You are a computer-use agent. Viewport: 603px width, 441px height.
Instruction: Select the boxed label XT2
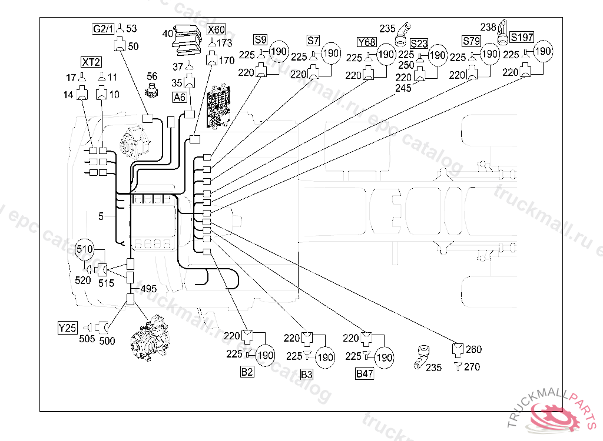(91, 62)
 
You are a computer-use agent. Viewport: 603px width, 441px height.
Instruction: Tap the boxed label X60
(216, 29)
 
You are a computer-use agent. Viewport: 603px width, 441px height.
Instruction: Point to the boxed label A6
(180, 97)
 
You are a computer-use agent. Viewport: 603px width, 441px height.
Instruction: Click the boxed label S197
(522, 37)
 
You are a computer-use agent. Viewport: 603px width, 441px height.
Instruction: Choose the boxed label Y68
(366, 42)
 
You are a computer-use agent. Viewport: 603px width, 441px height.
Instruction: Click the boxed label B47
(365, 373)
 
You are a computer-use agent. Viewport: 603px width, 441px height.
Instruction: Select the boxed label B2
(247, 372)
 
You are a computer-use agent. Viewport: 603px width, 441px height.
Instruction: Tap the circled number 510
(85, 249)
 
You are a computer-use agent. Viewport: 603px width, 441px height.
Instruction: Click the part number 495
(148, 289)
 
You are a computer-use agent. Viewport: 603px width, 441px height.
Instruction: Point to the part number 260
(473, 349)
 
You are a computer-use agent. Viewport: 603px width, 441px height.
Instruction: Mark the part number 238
(488, 26)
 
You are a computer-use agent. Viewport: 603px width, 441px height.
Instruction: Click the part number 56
(152, 76)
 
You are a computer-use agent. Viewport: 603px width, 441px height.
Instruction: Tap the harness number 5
(101, 216)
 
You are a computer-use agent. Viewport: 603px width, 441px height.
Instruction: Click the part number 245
(403, 88)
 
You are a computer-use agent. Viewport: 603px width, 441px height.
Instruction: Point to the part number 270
(472, 367)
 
